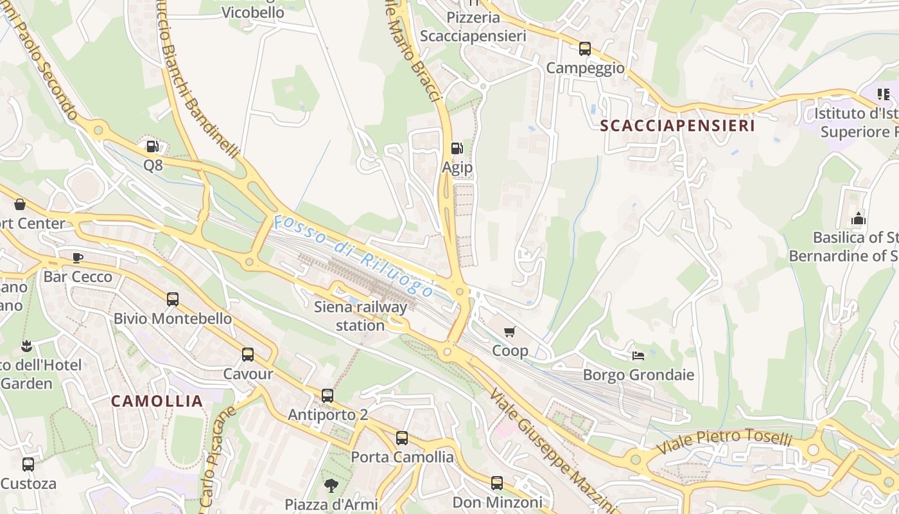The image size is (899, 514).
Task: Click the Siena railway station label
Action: click(360, 316)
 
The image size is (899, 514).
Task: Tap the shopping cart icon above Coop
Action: click(510, 332)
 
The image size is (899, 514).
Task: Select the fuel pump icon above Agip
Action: click(457, 148)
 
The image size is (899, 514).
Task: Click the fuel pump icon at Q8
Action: click(152, 146)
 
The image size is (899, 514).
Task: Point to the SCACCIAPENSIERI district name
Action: click(677, 126)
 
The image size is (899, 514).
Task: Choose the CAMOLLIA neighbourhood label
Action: click(157, 401)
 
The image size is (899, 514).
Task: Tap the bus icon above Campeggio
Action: click(584, 49)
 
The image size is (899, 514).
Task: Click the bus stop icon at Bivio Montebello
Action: click(173, 299)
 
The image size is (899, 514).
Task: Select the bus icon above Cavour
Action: click(248, 355)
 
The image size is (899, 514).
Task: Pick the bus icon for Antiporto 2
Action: click(327, 396)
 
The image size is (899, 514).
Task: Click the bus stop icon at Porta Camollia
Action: click(402, 438)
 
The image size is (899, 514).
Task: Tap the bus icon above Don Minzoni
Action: click(497, 483)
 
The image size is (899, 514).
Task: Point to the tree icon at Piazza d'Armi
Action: click(331, 485)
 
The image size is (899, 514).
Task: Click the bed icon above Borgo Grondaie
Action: click(638, 355)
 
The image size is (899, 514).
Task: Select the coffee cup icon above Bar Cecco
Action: click(78, 258)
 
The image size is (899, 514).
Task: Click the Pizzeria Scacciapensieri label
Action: click(473, 26)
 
